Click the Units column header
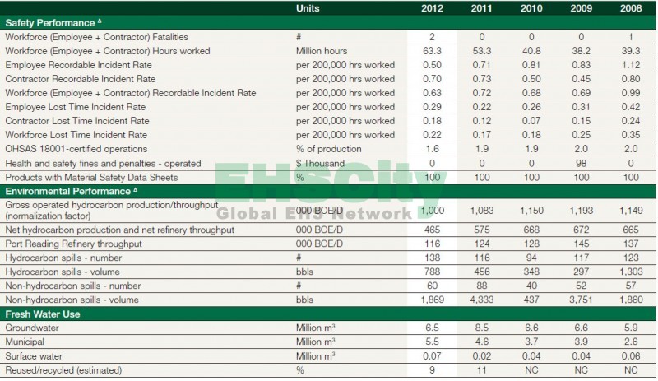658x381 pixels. [x=309, y=8]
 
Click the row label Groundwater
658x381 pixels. [x=31, y=327]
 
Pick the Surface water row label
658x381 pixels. [x=34, y=355]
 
